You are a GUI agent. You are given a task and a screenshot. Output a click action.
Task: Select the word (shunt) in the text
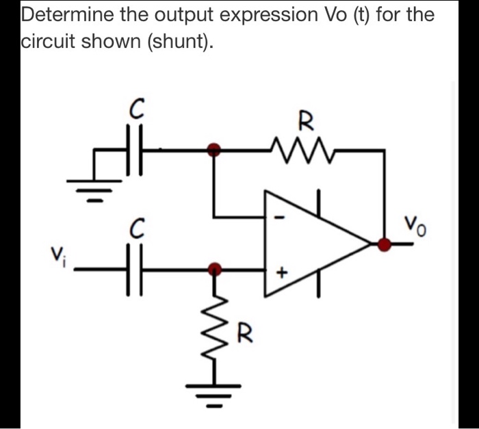[179, 43]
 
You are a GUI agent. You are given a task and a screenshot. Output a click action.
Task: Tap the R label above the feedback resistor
[305, 123]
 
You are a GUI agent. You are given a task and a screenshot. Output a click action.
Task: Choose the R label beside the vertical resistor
[243, 335]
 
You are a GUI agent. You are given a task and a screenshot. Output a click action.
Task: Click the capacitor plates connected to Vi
[133, 270]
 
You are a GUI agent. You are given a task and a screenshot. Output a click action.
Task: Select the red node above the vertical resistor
[215, 269]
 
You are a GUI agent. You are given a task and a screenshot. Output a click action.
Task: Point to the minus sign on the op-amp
[278, 218]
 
